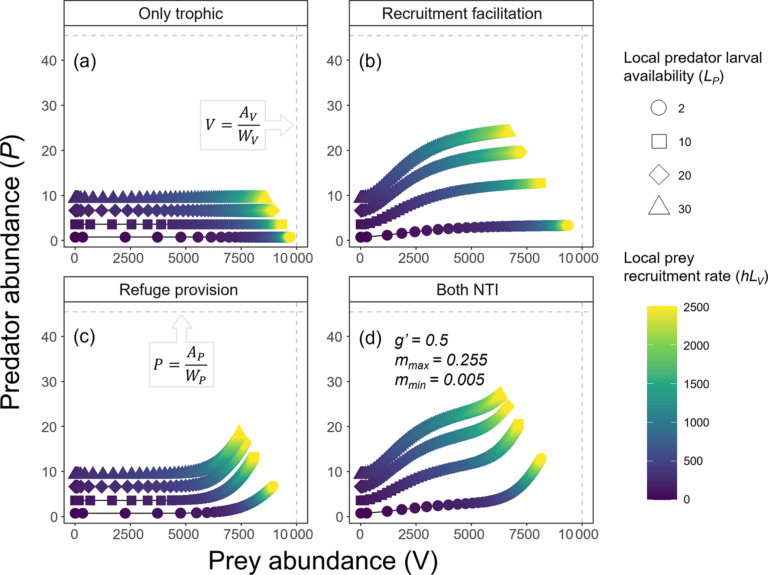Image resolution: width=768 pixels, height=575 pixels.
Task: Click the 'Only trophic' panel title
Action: pos(181,14)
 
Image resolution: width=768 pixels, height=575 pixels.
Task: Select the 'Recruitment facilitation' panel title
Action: pos(462,14)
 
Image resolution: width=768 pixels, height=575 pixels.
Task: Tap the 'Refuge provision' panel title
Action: pos(178,290)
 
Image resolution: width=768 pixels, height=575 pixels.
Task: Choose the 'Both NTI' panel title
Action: pos(467,290)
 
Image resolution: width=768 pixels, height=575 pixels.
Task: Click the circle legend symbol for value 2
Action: pos(659,108)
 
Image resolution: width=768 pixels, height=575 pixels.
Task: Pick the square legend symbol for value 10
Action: pos(659,142)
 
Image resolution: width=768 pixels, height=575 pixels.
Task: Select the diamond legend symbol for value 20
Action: pos(659,175)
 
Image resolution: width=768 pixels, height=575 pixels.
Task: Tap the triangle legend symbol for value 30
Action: pos(659,207)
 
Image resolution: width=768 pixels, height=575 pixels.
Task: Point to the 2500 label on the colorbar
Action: pos(696,308)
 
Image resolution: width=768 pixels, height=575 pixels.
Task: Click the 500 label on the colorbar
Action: pos(693,461)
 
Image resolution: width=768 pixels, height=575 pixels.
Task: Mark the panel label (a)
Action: pos(85,61)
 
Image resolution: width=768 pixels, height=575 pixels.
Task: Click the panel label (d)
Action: pos(370,338)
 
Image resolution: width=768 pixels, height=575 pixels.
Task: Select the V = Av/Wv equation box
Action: pos(233,125)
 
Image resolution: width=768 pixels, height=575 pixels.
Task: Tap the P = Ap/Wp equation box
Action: pos(182,364)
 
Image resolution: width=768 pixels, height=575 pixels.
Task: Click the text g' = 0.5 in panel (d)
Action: pos(421,340)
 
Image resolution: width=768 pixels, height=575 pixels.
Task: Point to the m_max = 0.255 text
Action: pos(441,361)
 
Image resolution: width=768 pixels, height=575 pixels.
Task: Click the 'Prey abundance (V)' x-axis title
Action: pos(323,561)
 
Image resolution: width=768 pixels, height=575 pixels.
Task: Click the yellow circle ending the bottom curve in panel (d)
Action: pos(541,459)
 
